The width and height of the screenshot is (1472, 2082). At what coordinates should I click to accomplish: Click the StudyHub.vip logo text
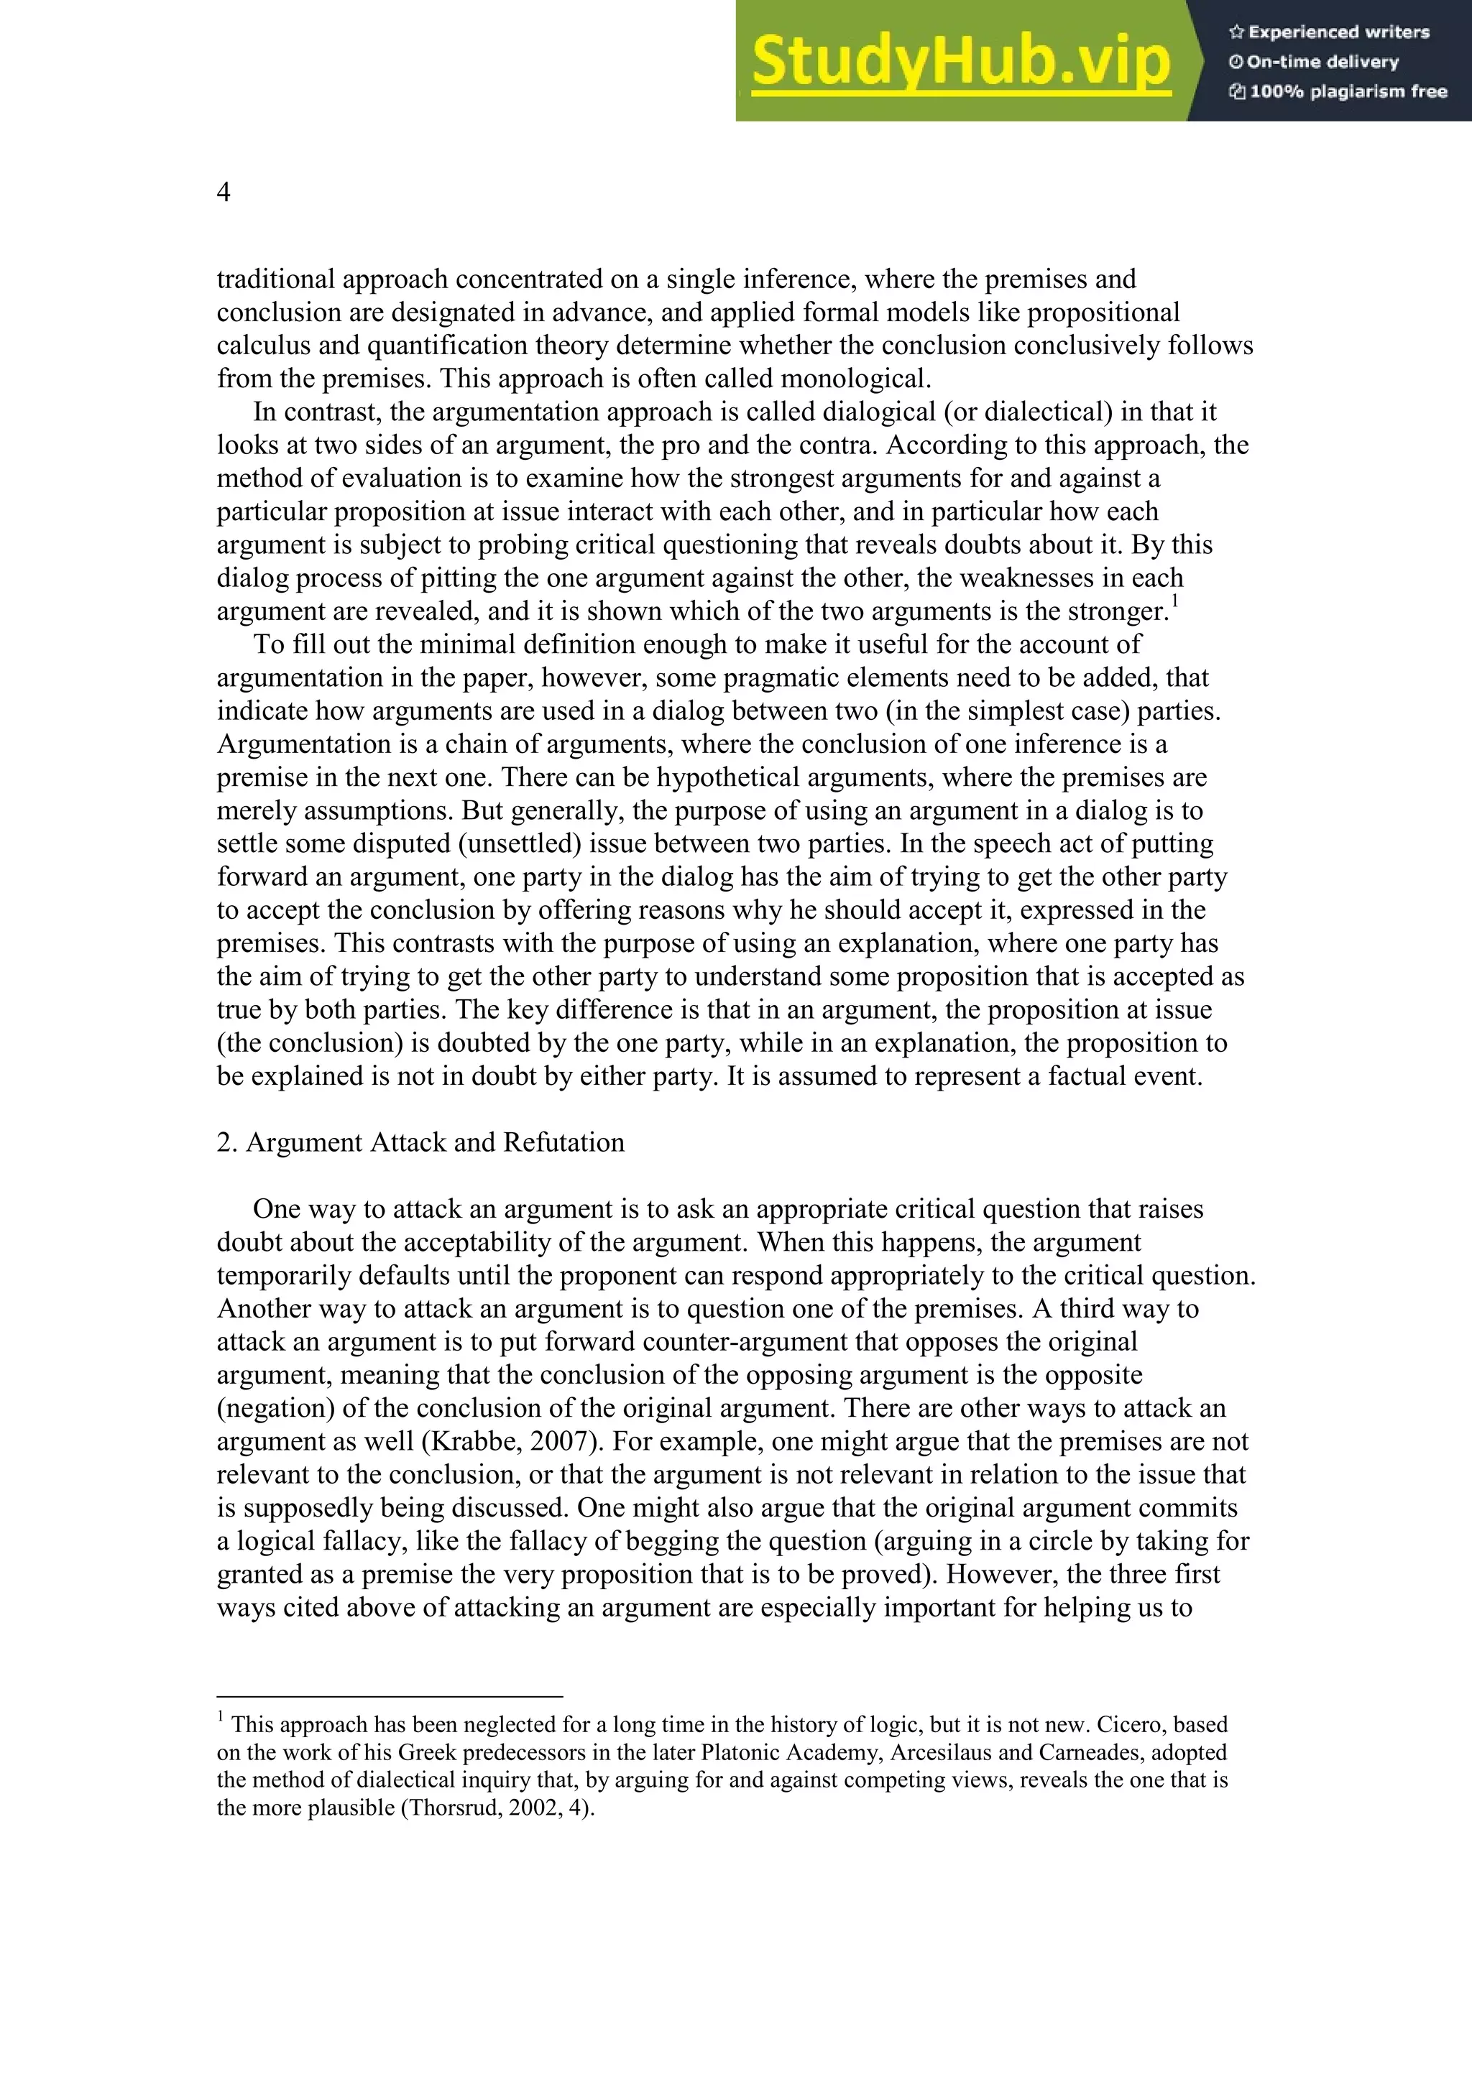click(x=960, y=62)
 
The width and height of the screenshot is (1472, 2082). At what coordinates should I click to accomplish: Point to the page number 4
click(x=223, y=193)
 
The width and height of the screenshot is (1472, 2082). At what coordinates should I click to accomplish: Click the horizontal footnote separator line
click(x=390, y=1695)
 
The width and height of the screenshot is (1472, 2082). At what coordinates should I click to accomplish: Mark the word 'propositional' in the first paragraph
click(x=1105, y=312)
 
